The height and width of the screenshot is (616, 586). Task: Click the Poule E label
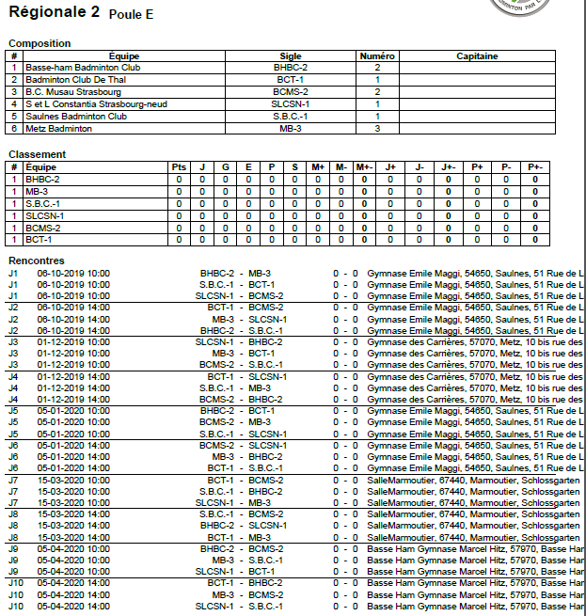point(131,14)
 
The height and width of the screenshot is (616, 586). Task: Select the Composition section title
point(40,43)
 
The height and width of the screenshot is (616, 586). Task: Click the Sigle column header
point(291,56)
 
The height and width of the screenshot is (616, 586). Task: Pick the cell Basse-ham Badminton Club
point(82,69)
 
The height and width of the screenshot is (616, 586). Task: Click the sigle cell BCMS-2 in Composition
point(291,92)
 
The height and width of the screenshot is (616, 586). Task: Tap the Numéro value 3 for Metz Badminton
point(377,128)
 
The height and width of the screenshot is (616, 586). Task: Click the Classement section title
point(37,154)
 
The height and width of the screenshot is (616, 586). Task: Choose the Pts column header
point(179,166)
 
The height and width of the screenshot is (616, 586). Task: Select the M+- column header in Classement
point(364,166)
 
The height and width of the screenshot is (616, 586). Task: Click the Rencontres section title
point(37,261)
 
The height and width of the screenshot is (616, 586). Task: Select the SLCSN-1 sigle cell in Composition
point(291,104)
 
